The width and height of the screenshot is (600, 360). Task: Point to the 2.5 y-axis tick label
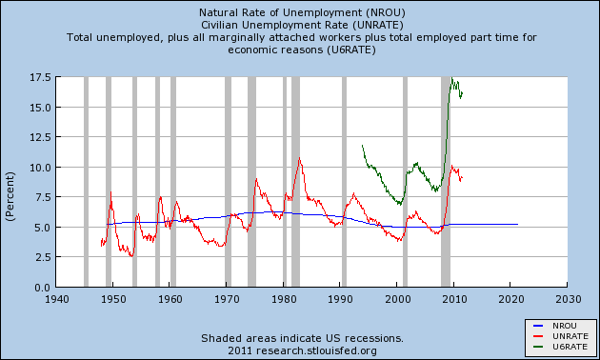tap(41, 257)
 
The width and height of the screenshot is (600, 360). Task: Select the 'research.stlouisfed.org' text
tap(323, 350)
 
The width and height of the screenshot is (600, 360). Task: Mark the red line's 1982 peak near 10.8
tap(299, 158)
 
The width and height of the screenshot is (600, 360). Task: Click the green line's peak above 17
tap(451, 79)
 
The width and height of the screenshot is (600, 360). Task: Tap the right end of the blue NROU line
tap(517, 224)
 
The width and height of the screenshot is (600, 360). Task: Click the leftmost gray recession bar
tap(87, 181)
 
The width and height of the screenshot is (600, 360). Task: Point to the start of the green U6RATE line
tap(363, 145)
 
